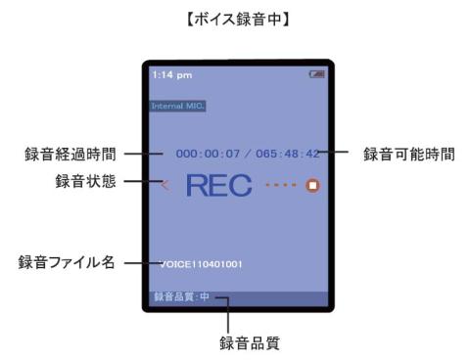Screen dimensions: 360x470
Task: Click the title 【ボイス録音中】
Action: click(235, 17)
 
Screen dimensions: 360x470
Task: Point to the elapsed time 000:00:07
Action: click(201, 154)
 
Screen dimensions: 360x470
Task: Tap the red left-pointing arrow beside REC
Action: click(164, 184)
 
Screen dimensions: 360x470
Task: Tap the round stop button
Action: click(313, 184)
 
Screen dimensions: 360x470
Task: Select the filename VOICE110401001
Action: click(203, 264)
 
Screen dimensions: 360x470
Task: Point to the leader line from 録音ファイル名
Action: click(143, 264)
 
